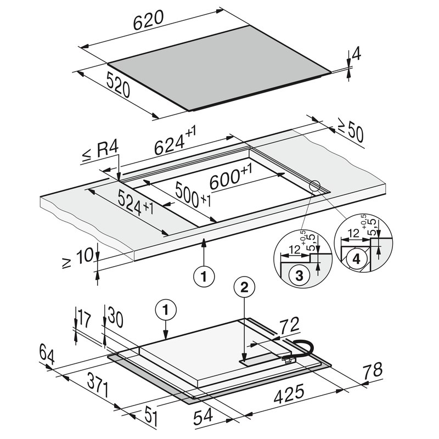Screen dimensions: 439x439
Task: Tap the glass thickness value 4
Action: (x=356, y=54)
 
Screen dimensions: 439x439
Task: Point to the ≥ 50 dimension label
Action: (x=350, y=132)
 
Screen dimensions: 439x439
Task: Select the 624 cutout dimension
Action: (x=174, y=144)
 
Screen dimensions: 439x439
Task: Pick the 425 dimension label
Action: (x=289, y=393)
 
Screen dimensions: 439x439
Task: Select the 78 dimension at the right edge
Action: (x=373, y=372)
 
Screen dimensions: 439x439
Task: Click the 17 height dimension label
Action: (x=83, y=318)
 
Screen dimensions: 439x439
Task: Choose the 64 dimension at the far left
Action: (x=47, y=353)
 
